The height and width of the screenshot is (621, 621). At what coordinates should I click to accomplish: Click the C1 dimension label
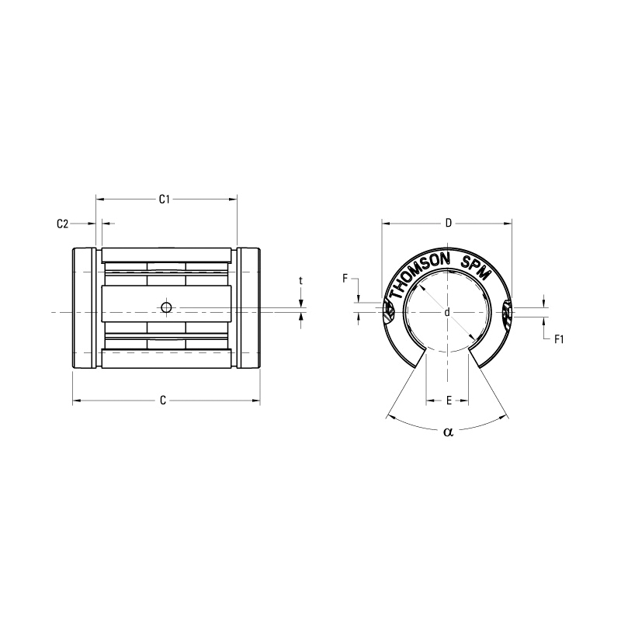[x=165, y=199]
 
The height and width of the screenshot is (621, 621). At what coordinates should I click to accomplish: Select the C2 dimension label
[x=63, y=224]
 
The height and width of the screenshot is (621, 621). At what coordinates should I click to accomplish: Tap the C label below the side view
[x=163, y=401]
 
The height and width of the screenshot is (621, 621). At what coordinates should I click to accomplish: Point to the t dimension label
[x=300, y=280]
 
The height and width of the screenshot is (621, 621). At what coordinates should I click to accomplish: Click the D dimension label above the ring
[x=448, y=224]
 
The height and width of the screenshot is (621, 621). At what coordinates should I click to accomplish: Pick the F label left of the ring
[x=345, y=278]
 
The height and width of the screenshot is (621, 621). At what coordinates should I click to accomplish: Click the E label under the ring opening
[x=448, y=401]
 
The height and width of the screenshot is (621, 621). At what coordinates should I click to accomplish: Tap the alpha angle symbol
[x=447, y=432]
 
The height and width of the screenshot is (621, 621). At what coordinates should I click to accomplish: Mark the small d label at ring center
[x=448, y=312]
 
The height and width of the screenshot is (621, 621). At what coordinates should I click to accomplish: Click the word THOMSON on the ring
[x=419, y=272]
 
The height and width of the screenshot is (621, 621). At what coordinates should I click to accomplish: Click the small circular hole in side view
[x=165, y=307]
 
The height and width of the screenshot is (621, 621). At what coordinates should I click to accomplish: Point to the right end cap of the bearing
[x=249, y=308]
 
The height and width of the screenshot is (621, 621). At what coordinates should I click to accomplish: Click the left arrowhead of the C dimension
[x=76, y=401]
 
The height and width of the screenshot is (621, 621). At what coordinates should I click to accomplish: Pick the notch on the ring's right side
[x=508, y=312]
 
